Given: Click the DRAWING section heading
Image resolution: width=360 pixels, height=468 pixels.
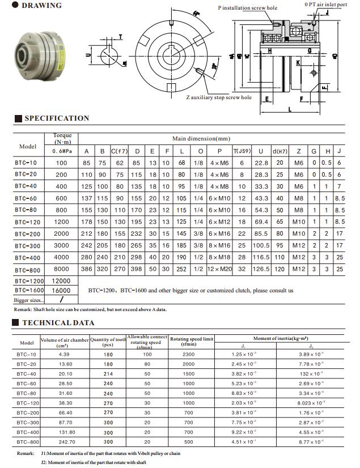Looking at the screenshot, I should coord(41,6).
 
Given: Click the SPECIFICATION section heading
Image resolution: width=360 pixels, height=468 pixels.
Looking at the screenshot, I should coord(56,118).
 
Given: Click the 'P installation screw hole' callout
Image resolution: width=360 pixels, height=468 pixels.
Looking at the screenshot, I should coord(248,8).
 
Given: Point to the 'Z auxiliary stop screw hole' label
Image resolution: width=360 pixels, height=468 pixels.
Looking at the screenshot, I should coord(219,97).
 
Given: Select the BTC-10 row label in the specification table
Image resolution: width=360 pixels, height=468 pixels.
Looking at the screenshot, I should coord(26,163).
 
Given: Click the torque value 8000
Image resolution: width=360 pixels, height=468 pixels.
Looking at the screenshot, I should coord(61,270).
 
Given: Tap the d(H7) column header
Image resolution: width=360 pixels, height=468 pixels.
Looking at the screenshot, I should coord(279,151).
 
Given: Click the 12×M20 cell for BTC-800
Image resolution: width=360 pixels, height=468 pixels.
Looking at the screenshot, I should coord(219,270).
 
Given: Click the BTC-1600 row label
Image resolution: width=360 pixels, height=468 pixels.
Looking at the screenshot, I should coord(29,290).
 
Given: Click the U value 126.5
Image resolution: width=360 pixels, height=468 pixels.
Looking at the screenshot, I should coord(261,270).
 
